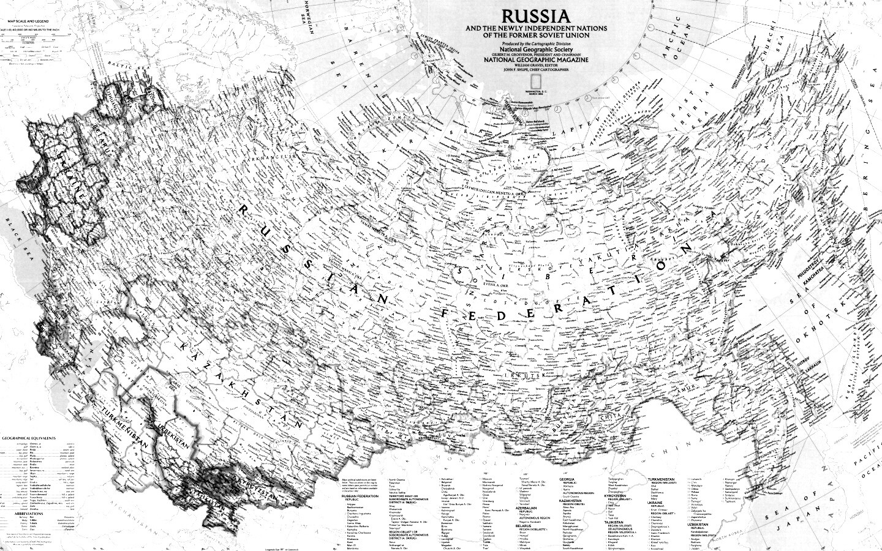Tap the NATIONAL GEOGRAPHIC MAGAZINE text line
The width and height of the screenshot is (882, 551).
536,60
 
